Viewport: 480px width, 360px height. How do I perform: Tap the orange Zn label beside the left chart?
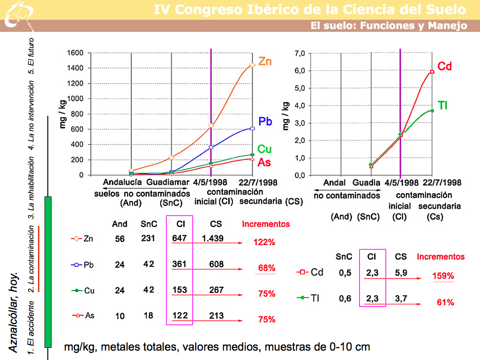click(x=265, y=61)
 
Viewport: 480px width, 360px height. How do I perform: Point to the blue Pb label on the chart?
click(x=265, y=121)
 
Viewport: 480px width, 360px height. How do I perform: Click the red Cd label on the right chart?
click(x=444, y=67)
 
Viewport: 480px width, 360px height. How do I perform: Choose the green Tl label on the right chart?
click(x=442, y=105)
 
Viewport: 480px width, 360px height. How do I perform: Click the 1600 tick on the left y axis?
click(x=75, y=53)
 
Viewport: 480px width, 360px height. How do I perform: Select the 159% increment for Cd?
click(x=443, y=276)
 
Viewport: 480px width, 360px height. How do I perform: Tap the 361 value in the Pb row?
click(x=179, y=264)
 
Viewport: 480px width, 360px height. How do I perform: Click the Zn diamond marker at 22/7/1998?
click(x=253, y=65)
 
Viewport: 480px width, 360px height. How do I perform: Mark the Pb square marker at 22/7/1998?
click(x=253, y=128)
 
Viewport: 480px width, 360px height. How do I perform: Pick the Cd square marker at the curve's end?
click(x=432, y=72)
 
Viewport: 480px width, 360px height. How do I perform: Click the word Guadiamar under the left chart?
click(x=168, y=182)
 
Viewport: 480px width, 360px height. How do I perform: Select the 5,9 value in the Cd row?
click(x=401, y=273)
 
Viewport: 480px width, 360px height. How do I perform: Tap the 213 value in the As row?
click(x=217, y=316)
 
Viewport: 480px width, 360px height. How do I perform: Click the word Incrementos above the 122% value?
click(x=266, y=224)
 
